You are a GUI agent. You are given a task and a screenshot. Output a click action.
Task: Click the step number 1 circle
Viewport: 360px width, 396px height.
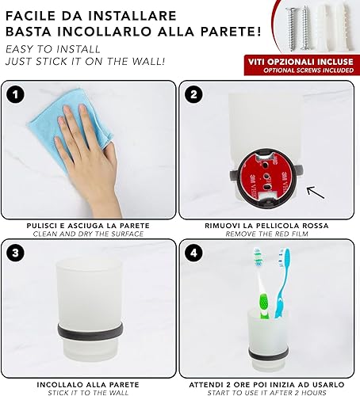tap(16, 94)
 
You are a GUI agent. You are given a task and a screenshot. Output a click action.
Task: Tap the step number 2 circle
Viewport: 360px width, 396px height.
tap(193, 94)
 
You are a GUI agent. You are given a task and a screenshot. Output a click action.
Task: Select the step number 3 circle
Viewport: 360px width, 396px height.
tap(16, 253)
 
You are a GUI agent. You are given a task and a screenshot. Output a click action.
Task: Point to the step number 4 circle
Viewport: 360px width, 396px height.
tap(193, 253)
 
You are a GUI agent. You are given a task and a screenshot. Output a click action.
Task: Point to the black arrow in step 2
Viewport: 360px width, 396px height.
tap(316, 192)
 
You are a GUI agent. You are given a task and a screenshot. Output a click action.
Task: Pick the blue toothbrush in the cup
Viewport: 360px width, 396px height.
tap(281, 283)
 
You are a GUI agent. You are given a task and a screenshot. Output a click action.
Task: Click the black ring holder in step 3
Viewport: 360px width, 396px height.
tap(90, 331)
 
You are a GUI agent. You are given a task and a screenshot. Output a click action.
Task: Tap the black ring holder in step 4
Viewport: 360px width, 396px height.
tap(268, 353)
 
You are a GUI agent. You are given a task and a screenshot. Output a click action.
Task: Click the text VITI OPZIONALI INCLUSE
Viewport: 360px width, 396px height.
tap(301, 62)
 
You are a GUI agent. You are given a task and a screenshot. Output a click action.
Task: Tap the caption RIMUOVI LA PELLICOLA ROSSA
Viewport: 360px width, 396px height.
tap(266, 226)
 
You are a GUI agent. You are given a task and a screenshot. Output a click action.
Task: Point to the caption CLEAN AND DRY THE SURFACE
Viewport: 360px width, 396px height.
tap(88, 234)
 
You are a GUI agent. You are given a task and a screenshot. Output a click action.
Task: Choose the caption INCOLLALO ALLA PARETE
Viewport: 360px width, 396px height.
tap(88, 385)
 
